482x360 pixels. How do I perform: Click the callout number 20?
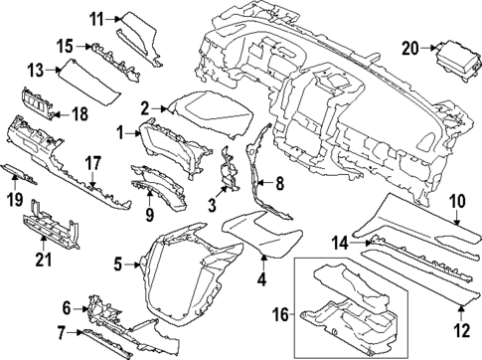tap(410, 46)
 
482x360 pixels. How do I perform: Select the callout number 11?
tap(95, 18)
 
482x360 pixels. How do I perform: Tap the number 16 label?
tap(282, 314)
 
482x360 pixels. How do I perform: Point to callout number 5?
tap(117, 264)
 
